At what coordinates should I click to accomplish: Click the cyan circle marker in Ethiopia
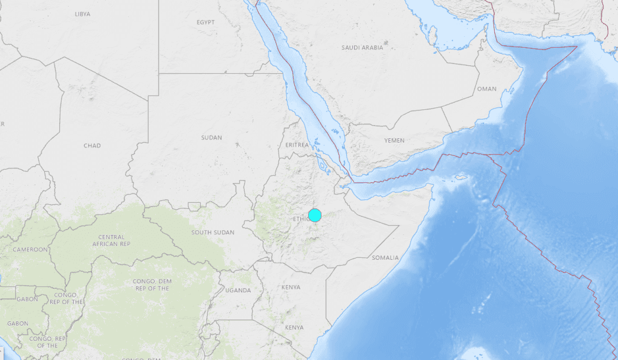315,215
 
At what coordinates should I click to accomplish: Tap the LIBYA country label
83,13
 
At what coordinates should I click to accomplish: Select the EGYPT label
205,22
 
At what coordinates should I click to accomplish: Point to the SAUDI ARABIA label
362,47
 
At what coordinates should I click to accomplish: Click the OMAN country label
486,89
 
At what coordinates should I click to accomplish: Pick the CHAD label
92,146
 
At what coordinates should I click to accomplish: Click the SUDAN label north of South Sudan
211,138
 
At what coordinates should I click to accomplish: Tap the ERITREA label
297,146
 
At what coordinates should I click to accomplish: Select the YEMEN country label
394,141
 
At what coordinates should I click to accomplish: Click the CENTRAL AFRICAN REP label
109,240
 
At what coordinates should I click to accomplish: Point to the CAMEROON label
30,249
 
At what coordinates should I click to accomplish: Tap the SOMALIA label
385,258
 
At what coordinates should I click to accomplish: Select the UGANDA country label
238,291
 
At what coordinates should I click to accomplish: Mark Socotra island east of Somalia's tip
462,178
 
